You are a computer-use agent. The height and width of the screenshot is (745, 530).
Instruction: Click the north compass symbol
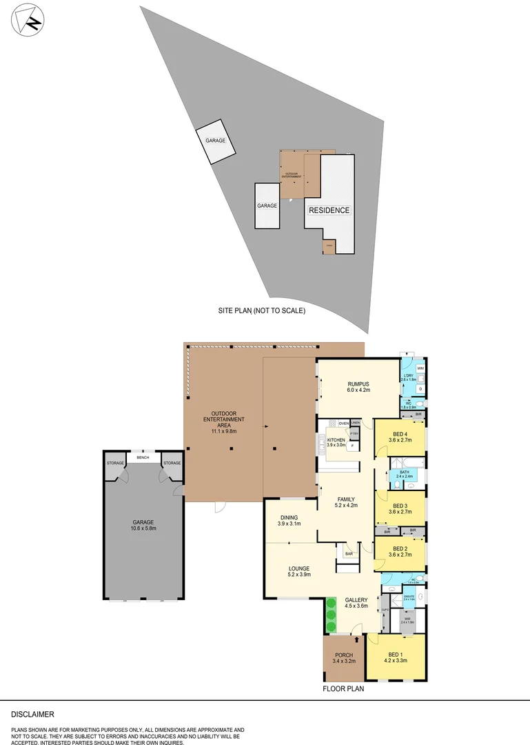(x=25, y=21)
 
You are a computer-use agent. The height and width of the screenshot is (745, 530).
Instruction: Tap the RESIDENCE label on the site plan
(x=329, y=210)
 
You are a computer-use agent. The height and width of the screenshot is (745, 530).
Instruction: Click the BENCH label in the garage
(x=143, y=457)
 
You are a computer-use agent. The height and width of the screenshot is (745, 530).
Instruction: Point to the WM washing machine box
(x=420, y=369)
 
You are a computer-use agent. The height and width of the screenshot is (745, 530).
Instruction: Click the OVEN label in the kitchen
(x=343, y=423)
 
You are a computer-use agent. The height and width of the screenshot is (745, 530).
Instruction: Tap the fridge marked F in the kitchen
(x=351, y=446)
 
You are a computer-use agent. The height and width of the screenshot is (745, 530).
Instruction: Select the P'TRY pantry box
(x=354, y=433)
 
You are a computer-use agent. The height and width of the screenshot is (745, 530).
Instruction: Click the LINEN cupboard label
(x=355, y=422)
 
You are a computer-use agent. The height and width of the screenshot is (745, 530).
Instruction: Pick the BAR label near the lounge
(x=349, y=553)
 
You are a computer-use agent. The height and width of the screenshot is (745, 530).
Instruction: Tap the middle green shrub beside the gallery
(x=330, y=615)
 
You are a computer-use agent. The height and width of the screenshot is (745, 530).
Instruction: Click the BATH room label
(x=404, y=473)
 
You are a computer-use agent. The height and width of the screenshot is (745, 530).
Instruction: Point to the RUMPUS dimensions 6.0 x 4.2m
(x=358, y=390)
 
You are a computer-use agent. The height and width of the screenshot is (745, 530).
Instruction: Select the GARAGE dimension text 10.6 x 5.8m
(x=143, y=528)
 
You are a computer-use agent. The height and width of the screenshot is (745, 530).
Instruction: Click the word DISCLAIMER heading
(x=32, y=715)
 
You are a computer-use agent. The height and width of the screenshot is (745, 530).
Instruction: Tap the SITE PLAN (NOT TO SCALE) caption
(x=261, y=310)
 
